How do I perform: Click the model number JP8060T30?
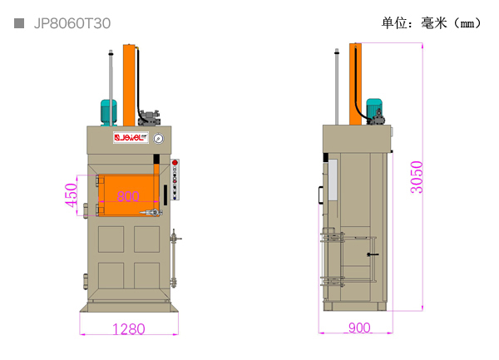pos(72,23)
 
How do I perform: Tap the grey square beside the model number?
pos(19,23)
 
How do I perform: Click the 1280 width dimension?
pos(129,329)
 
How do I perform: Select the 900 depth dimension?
pos(359,328)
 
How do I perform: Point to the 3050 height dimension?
pos(417,177)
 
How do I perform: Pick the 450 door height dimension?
pos(72,195)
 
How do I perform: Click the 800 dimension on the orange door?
pos(128,196)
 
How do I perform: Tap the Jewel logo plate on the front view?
pos(131,137)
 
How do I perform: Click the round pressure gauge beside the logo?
pos(159,139)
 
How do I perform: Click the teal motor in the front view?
pos(108,112)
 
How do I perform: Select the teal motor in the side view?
pos(374,109)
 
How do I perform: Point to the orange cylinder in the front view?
pos(129,85)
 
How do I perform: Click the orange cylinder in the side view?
pos(355,84)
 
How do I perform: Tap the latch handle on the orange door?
pos(151,213)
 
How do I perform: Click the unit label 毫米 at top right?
pos(434,23)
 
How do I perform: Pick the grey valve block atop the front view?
pos(149,117)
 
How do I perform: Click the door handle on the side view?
pos(321,195)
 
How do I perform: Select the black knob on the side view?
pos(373,254)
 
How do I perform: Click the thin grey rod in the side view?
pos(337,86)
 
